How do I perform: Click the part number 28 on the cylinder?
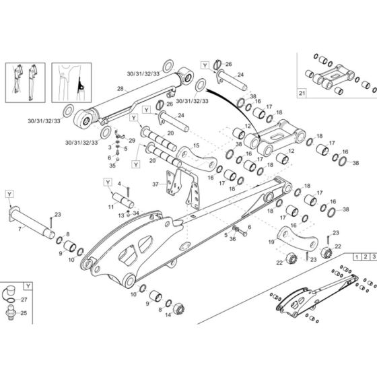120,88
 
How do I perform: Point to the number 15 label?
196,145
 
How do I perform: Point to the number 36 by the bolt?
234,237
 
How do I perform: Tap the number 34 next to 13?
135,213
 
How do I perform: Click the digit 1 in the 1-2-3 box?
355,257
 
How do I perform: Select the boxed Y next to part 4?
106,182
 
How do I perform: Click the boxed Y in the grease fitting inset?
27,285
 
